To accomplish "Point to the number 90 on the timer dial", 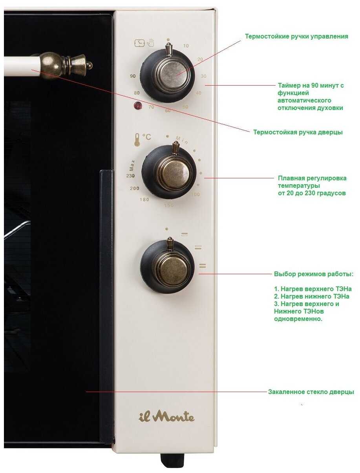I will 133,76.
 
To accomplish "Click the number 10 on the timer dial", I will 186,46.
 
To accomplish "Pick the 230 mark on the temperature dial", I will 130,176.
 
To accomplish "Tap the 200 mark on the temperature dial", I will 135,189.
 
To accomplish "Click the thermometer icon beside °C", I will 137,140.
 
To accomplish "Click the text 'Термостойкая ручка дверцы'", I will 298,132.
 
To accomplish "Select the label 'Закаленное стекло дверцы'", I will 311,392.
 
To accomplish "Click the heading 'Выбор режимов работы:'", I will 313,273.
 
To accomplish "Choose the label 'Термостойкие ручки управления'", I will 296,37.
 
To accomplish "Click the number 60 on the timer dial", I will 168,111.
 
